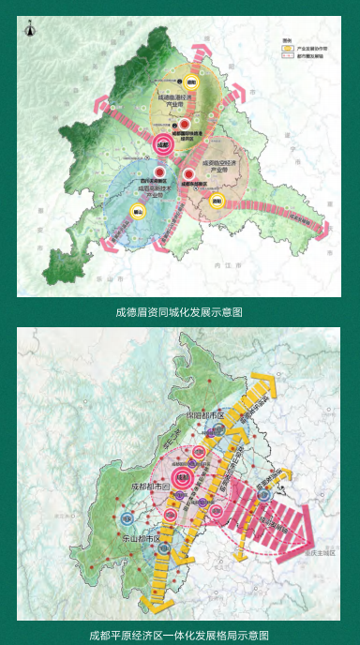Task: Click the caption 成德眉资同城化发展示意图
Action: [179, 311]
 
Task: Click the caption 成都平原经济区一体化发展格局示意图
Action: [179, 635]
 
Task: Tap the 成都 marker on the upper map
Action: [161, 144]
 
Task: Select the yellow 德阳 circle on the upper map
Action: [191, 81]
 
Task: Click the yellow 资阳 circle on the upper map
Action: [216, 200]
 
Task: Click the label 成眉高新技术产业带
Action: [152, 188]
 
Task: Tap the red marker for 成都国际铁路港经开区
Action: [186, 123]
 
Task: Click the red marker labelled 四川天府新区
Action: [160, 172]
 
